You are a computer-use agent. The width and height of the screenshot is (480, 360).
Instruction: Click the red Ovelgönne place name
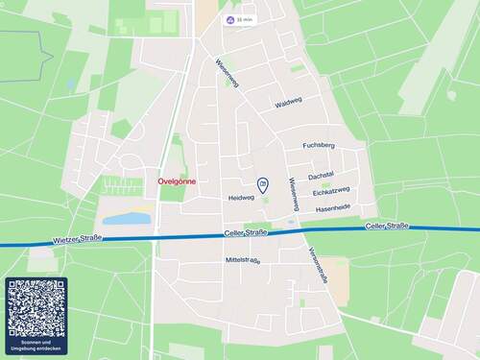click(176, 180)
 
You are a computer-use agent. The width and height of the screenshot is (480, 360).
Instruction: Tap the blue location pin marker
click(263, 184)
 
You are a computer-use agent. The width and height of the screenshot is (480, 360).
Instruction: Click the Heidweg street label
click(241, 198)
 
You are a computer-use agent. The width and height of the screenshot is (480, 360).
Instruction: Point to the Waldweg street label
click(288, 103)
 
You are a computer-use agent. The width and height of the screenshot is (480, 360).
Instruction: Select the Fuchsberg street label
click(318, 146)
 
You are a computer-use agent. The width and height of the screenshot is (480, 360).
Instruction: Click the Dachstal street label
click(321, 176)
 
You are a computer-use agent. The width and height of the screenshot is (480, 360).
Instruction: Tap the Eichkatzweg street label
click(331, 191)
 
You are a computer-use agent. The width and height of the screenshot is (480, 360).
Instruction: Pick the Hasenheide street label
click(333, 207)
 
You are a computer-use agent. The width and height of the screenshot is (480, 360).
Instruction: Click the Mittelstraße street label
click(243, 260)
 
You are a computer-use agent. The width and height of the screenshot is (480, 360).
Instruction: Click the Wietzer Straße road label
click(79, 238)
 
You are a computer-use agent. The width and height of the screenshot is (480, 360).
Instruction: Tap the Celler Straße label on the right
click(387, 226)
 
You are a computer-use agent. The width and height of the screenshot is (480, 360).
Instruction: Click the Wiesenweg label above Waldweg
click(227, 72)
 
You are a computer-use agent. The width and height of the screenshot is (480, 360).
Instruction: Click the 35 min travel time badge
click(241, 19)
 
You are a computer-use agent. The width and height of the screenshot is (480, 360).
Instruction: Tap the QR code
click(37, 308)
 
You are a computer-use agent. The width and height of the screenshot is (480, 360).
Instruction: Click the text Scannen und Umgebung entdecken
click(37, 346)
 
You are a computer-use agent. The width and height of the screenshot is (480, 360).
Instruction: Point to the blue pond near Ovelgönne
click(127, 219)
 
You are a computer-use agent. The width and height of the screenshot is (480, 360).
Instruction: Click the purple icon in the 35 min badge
click(230, 19)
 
